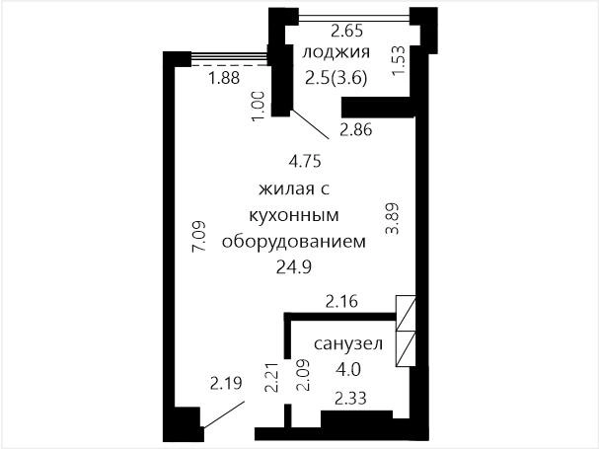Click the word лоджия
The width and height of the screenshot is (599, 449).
pos(337,52)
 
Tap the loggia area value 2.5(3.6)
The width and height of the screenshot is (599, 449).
pos(337,78)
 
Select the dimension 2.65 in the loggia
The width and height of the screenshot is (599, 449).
pos(346,31)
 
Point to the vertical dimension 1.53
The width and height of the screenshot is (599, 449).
pos(399,61)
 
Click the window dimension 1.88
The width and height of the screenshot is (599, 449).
pos(224,78)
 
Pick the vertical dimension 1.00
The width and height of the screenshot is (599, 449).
pos(258,106)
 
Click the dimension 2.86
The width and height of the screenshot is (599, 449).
pos(355,130)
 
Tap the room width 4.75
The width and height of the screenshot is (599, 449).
pos(305,161)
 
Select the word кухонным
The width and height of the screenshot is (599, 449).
pos(294,215)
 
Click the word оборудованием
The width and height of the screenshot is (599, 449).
pos(294,242)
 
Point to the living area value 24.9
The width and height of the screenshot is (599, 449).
pos(294,267)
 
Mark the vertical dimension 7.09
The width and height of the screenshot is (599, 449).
pos(199,236)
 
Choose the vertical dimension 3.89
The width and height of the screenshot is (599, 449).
pos(393,218)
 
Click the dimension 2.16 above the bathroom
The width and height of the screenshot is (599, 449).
pos(341,302)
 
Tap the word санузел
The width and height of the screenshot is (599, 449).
pos(348,344)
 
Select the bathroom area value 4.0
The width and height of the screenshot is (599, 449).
pos(348,369)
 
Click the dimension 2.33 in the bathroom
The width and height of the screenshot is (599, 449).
pos(350,398)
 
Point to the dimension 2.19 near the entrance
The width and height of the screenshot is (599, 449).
pos(226,383)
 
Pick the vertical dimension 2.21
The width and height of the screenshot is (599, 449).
pos(271,377)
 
